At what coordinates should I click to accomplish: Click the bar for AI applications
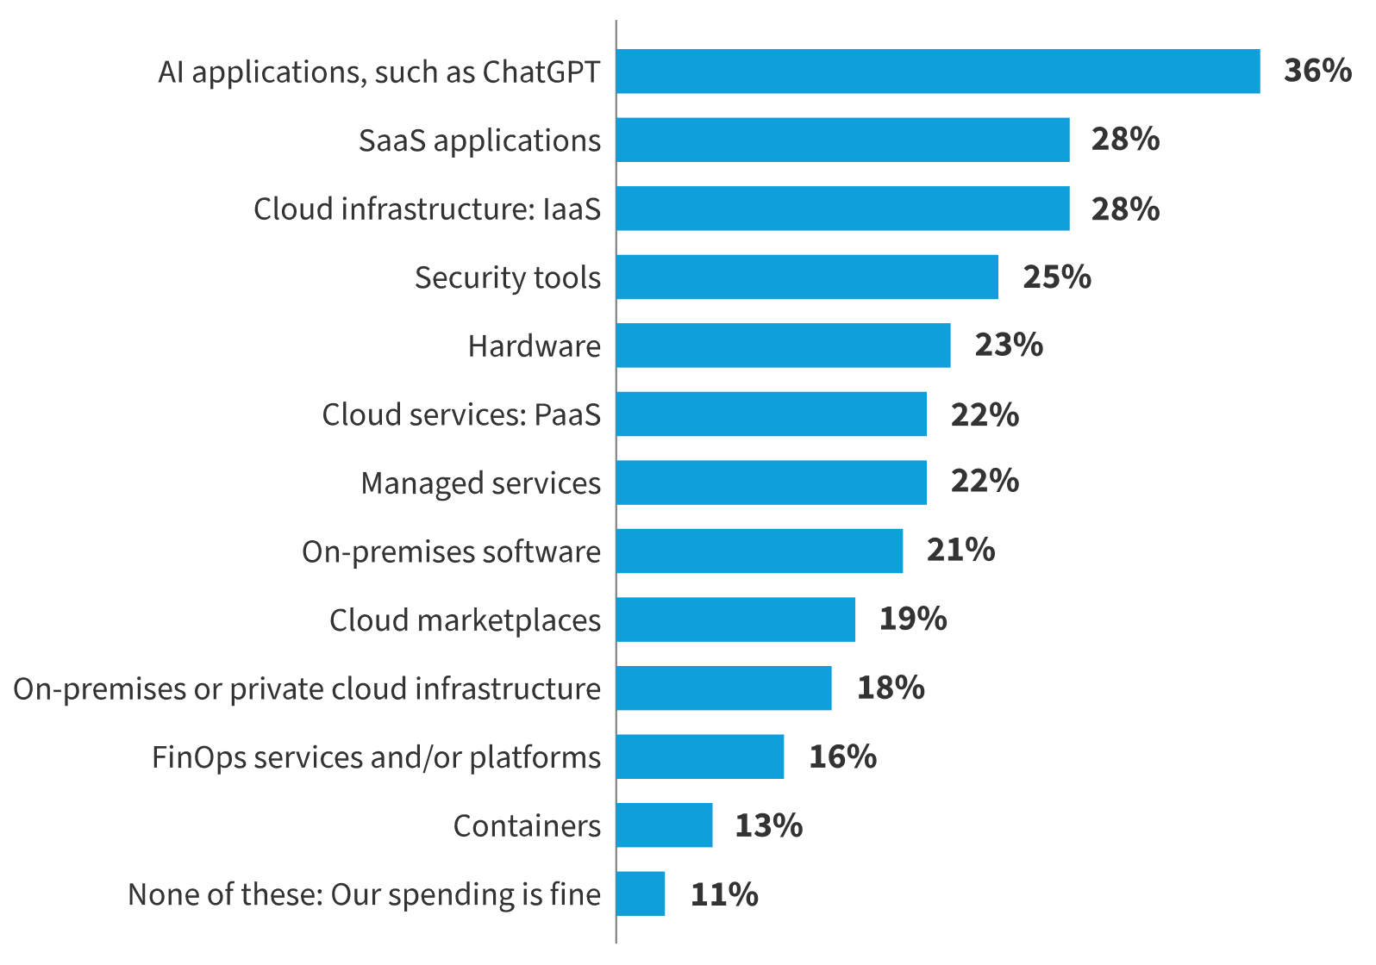938,72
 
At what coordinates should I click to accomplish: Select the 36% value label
1317,71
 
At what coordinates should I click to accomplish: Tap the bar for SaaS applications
843,140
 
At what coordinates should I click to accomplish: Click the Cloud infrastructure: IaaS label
427,209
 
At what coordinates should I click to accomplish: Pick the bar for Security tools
807,277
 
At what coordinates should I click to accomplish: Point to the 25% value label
1056,277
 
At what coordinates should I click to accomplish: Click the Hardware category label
534,346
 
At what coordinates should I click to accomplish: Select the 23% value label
1009,345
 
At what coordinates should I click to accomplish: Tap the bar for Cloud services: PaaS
772,414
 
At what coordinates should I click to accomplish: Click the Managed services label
480,483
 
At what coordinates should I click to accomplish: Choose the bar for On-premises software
760,551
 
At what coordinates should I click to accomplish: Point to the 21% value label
960,550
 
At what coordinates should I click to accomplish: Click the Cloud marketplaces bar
735,619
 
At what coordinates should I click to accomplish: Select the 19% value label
913,619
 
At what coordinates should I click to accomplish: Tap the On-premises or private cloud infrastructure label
307,689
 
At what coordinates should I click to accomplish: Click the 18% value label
891,688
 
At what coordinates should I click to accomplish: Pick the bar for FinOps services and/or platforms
700,756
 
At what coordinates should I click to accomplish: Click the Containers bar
665,825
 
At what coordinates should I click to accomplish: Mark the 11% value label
724,894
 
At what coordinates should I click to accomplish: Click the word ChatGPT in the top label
541,72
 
